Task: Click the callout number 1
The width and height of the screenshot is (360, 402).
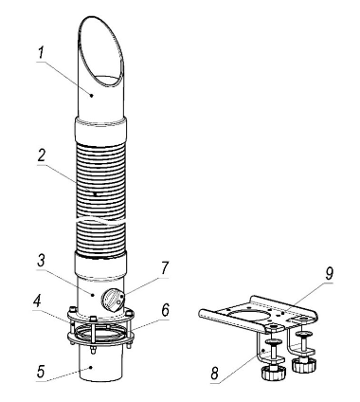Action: point(41,54)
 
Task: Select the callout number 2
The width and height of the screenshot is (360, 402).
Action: point(42,156)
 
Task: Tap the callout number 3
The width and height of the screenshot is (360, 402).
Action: point(41,262)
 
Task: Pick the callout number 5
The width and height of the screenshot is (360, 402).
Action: point(41,372)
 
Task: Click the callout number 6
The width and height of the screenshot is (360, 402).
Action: point(166,310)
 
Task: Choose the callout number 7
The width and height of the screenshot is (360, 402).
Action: point(164,268)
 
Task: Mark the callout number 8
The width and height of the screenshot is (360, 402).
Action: point(215,374)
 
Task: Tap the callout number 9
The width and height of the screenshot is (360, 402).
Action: point(329,274)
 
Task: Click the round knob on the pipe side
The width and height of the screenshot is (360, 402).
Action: point(112,299)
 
